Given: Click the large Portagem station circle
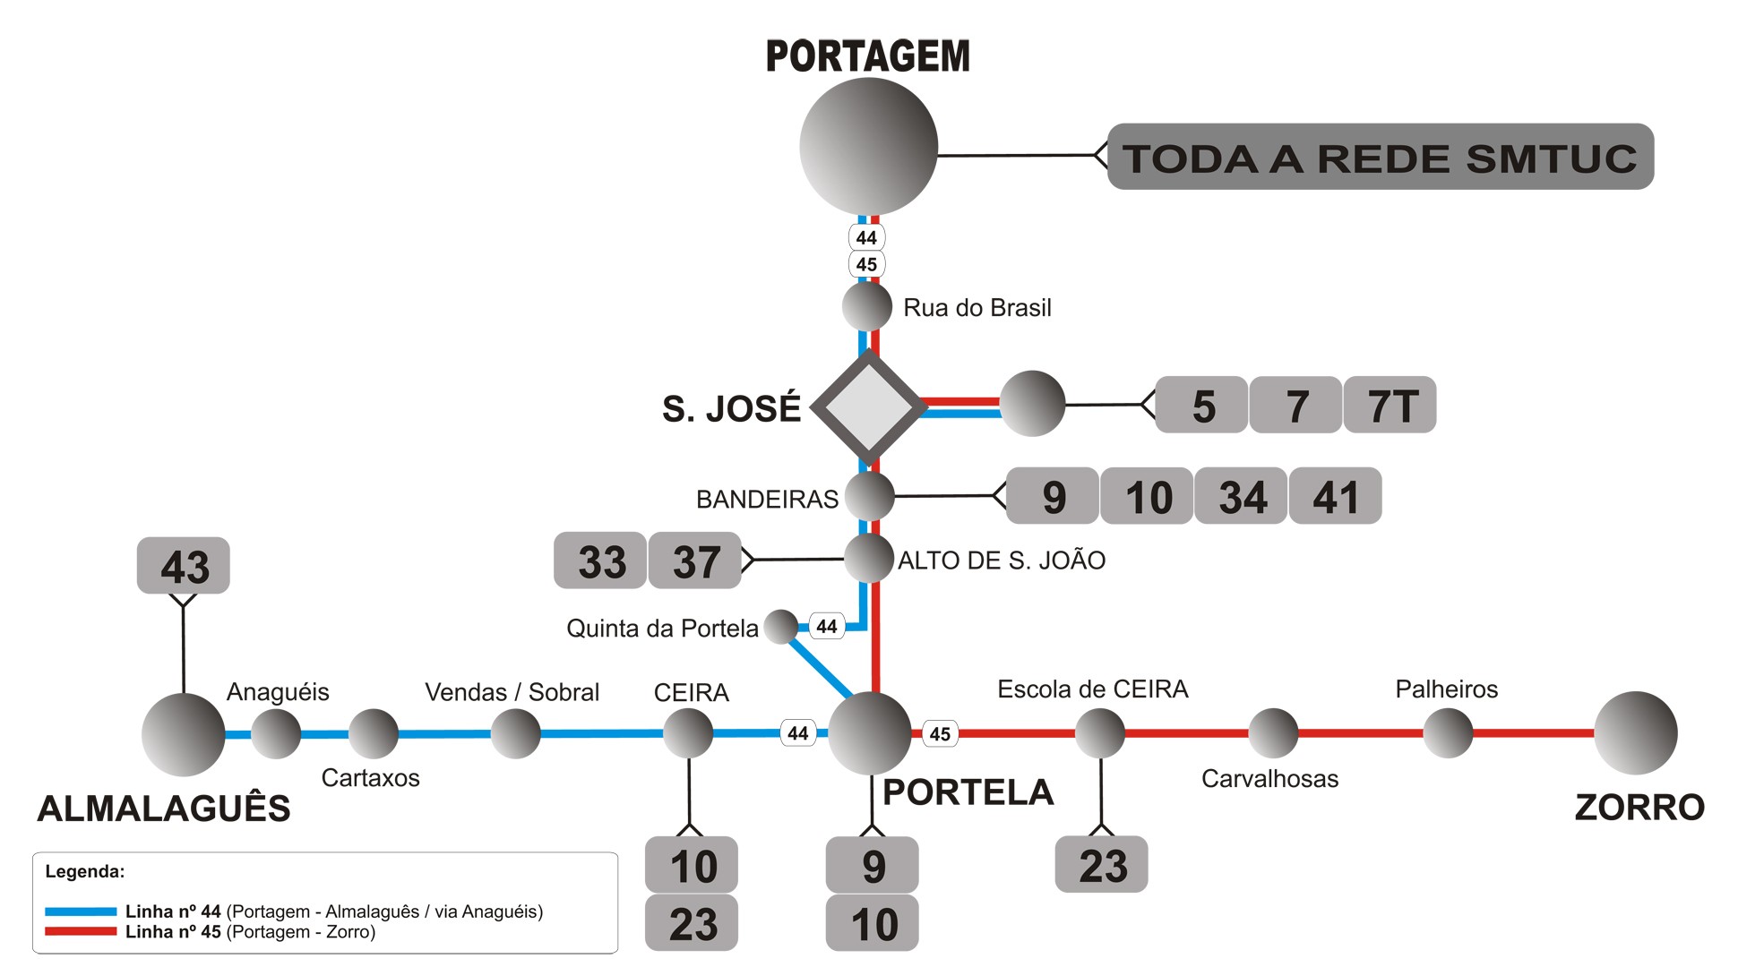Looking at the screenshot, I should point(868,146).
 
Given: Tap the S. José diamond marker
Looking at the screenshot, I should point(868,407).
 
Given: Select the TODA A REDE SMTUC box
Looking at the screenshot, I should point(1380,157).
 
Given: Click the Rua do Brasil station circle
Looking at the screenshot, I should point(867,306).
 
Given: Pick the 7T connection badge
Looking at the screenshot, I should point(1390,406).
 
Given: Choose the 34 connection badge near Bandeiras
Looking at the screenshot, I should point(1243,496).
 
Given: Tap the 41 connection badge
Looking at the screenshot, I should point(1335,496).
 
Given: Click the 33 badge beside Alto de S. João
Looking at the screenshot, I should point(600,561).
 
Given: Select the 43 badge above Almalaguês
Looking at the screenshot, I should point(184,566).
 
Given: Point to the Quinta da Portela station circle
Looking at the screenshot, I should point(781,627).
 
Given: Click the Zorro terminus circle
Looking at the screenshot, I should point(1635,732).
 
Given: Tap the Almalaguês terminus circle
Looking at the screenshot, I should point(184,734).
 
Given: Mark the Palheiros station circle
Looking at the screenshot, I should point(1448,732).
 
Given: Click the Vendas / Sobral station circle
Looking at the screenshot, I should point(515,733).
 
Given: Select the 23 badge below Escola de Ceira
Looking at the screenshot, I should point(1101,865).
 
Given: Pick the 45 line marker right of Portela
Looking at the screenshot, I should point(940,734).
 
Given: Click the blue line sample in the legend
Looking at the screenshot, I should point(81,911).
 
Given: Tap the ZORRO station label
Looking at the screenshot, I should point(1639,808).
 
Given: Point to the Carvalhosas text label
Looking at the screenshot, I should point(1269,779).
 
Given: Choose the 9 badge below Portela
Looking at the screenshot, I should point(873,866).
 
